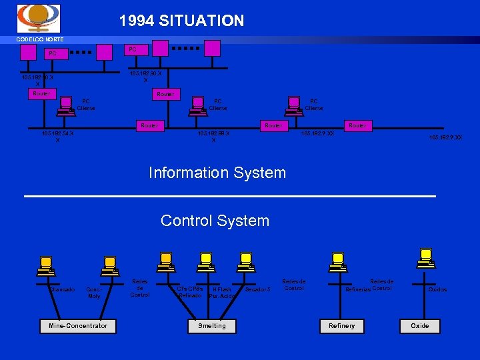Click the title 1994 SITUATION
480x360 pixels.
click(x=181, y=21)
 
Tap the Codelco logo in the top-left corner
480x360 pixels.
click(x=38, y=18)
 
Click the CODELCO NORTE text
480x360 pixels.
click(x=40, y=39)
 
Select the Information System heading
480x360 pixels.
click(x=217, y=173)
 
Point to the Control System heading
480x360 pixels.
click(x=215, y=221)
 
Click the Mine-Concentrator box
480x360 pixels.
click(x=77, y=325)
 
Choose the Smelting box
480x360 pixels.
click(x=212, y=325)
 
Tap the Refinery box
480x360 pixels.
click(x=342, y=325)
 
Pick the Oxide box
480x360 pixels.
click(x=420, y=325)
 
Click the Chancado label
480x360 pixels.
click(x=61, y=289)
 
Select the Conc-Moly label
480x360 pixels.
click(x=94, y=293)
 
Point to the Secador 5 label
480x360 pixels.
click(x=258, y=289)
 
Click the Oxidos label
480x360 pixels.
click(x=437, y=289)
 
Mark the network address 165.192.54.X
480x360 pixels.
click(x=57, y=137)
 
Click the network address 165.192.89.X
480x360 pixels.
click(x=213, y=137)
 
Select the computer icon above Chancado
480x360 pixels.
click(x=47, y=265)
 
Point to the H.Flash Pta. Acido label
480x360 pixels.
click(x=221, y=293)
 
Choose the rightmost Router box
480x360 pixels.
click(x=357, y=125)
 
